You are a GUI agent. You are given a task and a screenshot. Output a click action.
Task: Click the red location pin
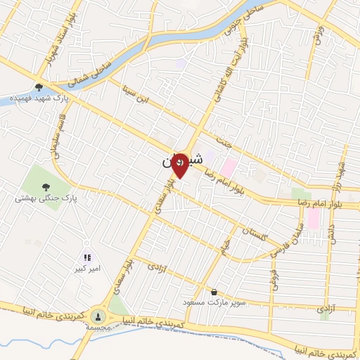[180, 165]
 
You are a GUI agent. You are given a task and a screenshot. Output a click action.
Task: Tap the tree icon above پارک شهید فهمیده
[38, 87]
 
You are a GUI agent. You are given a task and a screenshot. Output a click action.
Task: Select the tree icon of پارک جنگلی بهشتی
[46, 187]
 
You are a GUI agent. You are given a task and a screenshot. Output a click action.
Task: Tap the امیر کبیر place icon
[88, 257]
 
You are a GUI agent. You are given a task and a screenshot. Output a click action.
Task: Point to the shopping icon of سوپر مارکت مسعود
[213, 292]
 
